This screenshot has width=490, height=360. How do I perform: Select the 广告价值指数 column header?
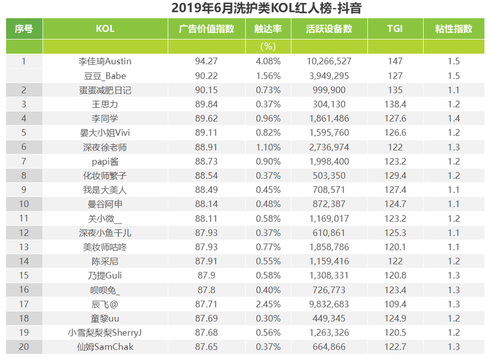206,29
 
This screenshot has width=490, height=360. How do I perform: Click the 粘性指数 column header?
453,29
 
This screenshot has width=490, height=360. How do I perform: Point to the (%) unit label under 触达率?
268,47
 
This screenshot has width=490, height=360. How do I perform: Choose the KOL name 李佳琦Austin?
105,61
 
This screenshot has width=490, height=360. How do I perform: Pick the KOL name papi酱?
105,161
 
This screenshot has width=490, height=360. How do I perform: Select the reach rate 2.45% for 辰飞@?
268,304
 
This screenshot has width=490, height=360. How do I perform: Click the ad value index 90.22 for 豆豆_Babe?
206,76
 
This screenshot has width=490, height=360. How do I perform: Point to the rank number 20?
24,347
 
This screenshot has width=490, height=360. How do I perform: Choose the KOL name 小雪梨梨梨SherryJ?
105,333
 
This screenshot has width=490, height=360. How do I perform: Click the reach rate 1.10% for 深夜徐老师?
268,147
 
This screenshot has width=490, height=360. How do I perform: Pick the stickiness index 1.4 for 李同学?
453,119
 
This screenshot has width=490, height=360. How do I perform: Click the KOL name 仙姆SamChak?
105,347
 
